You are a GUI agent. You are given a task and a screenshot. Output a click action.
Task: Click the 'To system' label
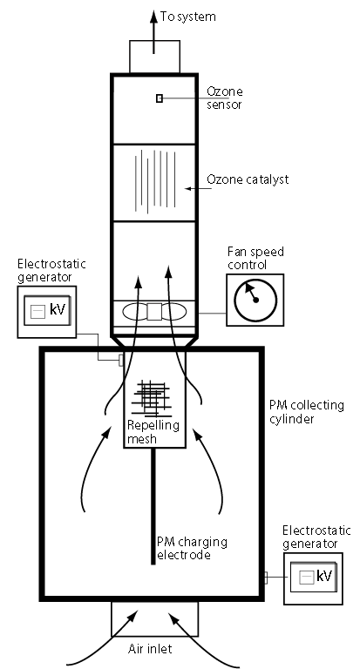pos(188,17)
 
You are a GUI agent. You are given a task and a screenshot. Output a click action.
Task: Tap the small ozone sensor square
pos(160,98)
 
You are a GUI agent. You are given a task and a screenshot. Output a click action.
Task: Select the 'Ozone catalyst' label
pos(248,179)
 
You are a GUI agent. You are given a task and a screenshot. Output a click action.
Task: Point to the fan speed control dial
pos(255,300)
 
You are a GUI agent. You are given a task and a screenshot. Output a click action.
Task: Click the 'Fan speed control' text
pos(255,258)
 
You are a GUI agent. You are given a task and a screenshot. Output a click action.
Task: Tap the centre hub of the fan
pos(154,312)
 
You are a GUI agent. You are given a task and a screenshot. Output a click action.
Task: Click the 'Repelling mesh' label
pos(153,431)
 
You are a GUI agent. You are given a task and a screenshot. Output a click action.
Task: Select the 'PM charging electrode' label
pos(192,548)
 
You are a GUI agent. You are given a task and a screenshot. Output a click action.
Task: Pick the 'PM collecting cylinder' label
pos(307,412)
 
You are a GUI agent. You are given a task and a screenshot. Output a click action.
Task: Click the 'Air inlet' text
pos(150,649)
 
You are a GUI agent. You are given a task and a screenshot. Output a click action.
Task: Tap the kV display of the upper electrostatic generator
pos(47,311)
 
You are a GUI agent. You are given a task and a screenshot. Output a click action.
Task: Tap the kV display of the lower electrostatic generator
pos(314,578)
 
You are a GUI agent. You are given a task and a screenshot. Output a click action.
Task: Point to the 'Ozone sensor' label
pos(225,98)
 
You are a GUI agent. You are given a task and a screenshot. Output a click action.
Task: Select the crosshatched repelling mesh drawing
pos(153,398)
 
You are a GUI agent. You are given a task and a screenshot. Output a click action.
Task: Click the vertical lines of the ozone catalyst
pos(154,181)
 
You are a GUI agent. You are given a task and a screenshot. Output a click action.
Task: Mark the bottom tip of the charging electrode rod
pos(153,564)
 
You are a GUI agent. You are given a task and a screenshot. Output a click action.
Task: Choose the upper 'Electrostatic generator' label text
pos(51,271)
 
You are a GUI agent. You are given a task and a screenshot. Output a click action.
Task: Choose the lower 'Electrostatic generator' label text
pos(316,537)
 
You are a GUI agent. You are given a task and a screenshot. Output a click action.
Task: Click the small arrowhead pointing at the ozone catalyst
pos(187,188)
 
